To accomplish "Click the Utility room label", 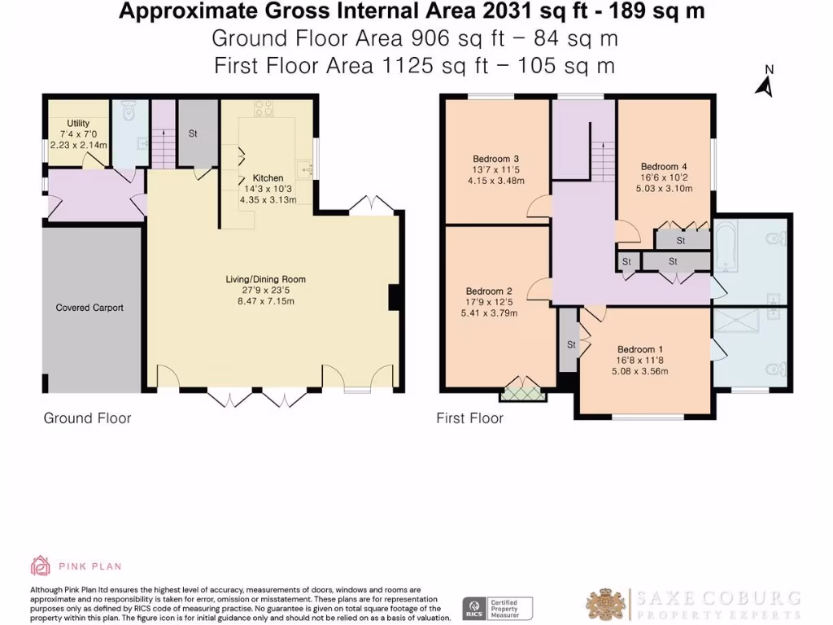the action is click(x=78, y=123).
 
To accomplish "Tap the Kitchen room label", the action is click(x=268, y=178).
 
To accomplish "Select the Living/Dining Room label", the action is click(x=266, y=279).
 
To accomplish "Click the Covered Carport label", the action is click(x=89, y=308).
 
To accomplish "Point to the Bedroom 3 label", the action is click(x=495, y=159).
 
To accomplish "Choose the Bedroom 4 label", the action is click(x=664, y=167).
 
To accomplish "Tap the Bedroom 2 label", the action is click(x=489, y=291).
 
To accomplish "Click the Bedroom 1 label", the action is click(x=639, y=350).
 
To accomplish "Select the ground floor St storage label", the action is click(x=193, y=134).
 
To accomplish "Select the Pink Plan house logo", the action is click(x=41, y=566).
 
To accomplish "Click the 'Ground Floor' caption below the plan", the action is click(x=87, y=418).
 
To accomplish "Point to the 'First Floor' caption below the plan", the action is click(x=469, y=418).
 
